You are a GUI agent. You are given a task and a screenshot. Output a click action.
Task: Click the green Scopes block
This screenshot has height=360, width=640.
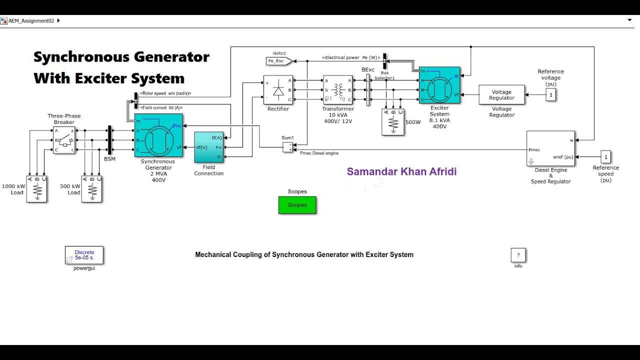pos(297,205)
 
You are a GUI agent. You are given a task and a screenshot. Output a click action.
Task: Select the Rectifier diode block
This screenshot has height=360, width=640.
pos(278,90)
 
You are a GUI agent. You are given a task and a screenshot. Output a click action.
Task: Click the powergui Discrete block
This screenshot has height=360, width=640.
pos(84,255)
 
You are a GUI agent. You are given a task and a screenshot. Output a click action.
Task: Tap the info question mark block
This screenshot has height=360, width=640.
pos(518,255)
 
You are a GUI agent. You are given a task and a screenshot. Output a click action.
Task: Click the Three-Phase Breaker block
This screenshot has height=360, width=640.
pos(64,140)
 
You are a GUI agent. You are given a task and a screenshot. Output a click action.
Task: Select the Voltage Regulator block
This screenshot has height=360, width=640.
pos(501,95)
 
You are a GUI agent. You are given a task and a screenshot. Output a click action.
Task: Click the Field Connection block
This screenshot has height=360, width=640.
pos(209,147)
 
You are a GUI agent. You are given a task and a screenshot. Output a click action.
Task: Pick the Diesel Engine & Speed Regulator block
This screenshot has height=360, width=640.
pos(550,148)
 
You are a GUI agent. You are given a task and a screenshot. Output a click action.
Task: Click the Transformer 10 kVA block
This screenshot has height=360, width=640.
pos(338,90)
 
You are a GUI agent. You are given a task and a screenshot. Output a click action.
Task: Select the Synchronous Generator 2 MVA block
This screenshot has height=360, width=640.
pos(158,135)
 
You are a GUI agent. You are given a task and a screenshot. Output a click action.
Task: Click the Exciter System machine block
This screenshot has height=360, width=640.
pos(439,85)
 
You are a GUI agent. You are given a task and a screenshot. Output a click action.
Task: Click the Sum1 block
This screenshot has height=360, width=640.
pos(287,147)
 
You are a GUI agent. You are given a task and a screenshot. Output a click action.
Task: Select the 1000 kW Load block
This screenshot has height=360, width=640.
pos(37,189)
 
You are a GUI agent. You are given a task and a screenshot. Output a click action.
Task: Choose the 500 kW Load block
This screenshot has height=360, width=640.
pos(92,189)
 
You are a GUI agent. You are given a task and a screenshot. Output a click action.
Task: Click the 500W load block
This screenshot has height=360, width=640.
pos(392,122)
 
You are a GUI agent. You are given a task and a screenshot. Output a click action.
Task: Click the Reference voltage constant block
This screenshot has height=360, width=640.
pos(550,94)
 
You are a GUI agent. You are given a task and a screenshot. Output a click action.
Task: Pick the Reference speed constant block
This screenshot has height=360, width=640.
pos(605,157)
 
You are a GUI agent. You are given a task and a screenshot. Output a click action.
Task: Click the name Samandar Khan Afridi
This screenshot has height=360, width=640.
pos(401,172)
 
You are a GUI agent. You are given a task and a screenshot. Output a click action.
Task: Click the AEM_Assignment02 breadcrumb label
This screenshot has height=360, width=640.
pos(31,21)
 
